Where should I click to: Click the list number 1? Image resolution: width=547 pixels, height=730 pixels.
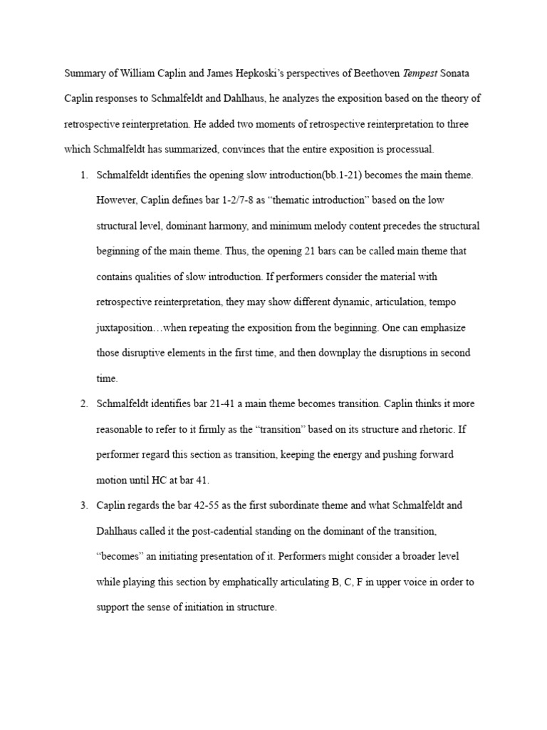coord(83,175)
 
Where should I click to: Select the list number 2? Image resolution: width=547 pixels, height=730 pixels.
coord(83,403)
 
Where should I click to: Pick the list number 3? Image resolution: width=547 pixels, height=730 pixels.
coord(83,505)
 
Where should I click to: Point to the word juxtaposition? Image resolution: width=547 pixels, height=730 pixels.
coord(123,327)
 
